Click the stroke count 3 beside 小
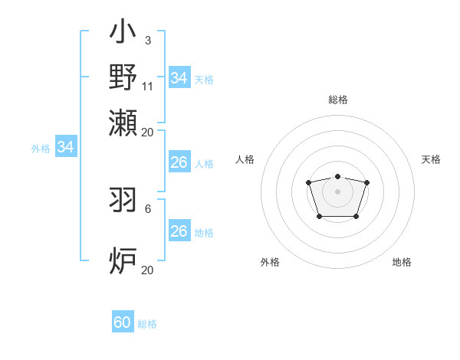[x=147, y=39]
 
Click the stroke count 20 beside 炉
[x=148, y=270]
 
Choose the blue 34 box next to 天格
[x=179, y=78]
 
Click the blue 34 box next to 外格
[x=65, y=148]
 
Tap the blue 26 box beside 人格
[x=179, y=162]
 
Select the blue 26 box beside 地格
[x=179, y=231]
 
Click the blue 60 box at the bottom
[x=122, y=322]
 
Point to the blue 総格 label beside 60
[x=147, y=324]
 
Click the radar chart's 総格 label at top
[x=338, y=100]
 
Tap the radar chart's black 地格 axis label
[x=402, y=262]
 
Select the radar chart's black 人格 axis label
[x=245, y=159]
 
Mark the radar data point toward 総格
[x=337, y=176]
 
